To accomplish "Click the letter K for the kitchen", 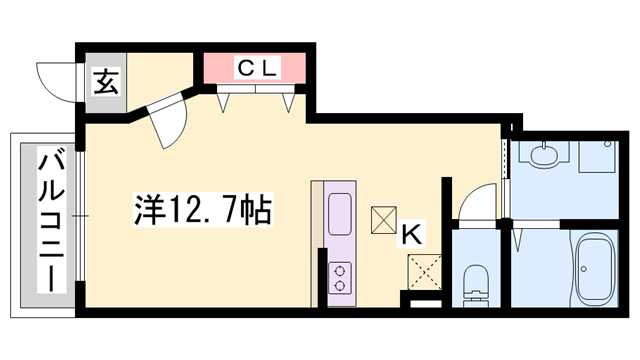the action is pos(410,236).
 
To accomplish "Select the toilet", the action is pos(475,283).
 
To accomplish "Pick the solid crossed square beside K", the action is pos(384,219).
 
